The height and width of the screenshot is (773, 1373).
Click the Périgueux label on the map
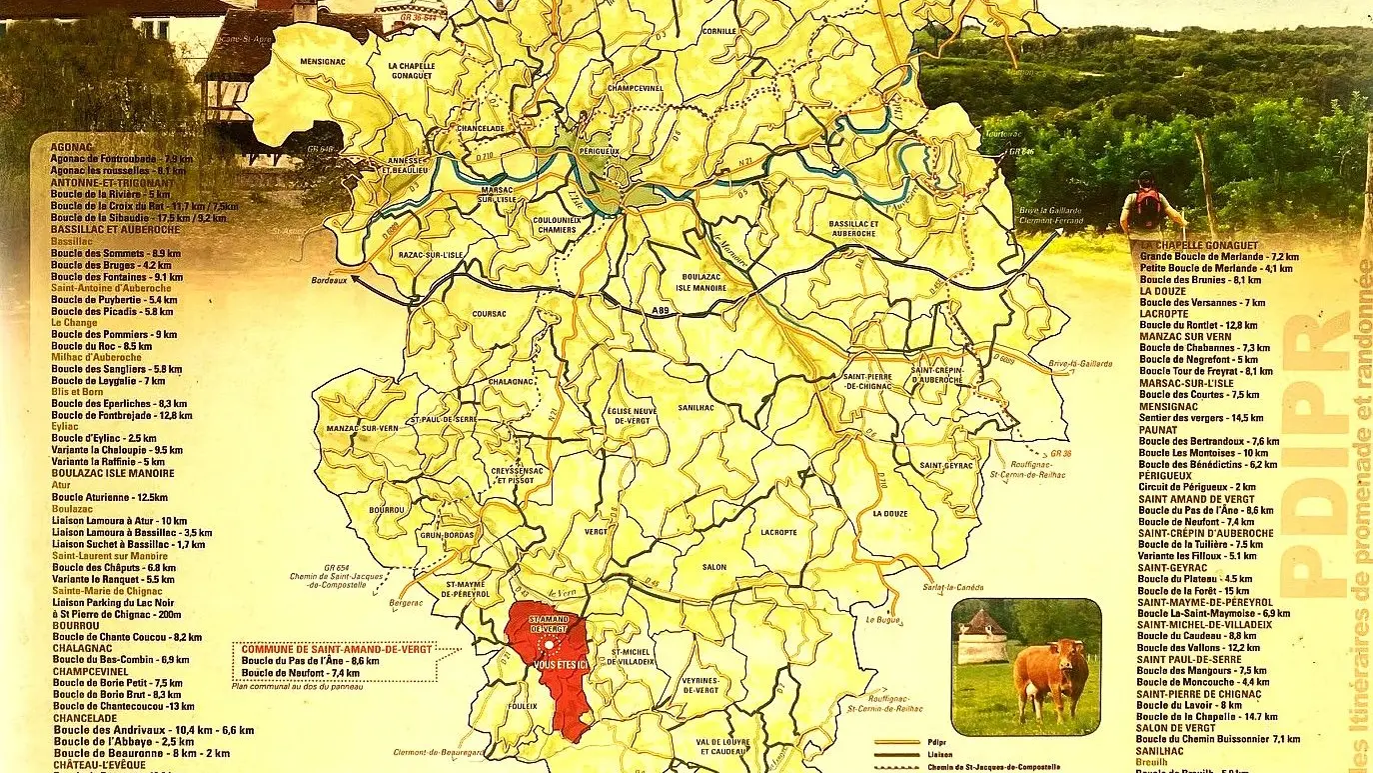pyautogui.click(x=600, y=151)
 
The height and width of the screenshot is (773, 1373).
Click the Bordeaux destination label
pyautogui.click(x=328, y=281)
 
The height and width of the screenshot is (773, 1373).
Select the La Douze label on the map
pyautogui.click(x=889, y=513)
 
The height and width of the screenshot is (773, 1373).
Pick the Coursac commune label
pyautogui.click(x=490, y=313)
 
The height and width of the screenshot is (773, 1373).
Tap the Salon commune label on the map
pyautogui.click(x=713, y=567)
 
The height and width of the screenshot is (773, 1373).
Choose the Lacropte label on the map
pyautogui.click(x=778, y=532)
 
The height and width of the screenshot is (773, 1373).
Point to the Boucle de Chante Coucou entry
pyautogui.click(x=126, y=637)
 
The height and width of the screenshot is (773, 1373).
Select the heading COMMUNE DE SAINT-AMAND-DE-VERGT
pyautogui.click(x=334, y=648)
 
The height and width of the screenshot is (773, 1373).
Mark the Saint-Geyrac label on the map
pyautogui.click(x=945, y=466)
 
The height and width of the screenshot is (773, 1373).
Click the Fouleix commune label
pyautogui.click(x=522, y=706)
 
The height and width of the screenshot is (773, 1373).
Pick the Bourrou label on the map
pyautogui.click(x=385, y=510)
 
